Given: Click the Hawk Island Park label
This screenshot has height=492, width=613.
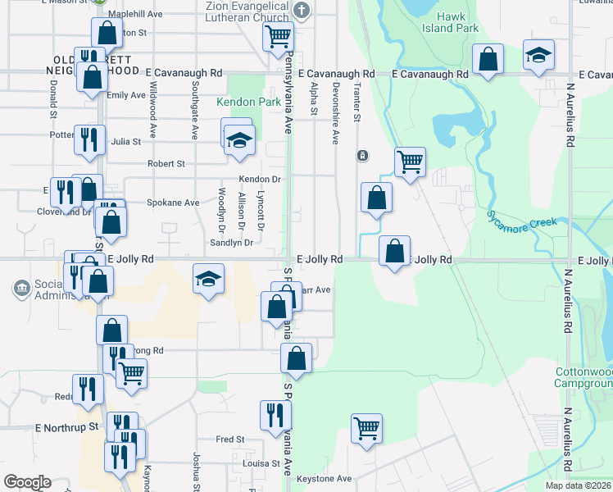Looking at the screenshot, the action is (456, 22).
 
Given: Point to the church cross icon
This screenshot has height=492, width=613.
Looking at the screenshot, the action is (302, 11).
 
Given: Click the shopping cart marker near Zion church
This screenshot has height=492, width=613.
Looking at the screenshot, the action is (278, 35).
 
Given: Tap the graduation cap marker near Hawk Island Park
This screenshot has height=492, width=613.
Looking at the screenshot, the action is (538, 55).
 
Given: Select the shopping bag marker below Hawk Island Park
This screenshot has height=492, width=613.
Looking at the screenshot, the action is (488, 60).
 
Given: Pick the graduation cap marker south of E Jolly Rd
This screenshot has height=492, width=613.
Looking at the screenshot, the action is (208, 279).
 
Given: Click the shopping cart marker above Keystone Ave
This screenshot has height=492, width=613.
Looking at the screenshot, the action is (366, 427).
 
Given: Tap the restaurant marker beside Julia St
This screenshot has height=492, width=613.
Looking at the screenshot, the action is (89, 139).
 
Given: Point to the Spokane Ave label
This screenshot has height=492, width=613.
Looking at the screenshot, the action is (172, 203).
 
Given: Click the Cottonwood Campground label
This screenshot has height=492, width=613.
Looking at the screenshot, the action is (584, 378).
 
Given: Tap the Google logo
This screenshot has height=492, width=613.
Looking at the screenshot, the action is (27, 482).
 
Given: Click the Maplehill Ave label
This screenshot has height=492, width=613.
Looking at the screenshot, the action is (134, 14).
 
